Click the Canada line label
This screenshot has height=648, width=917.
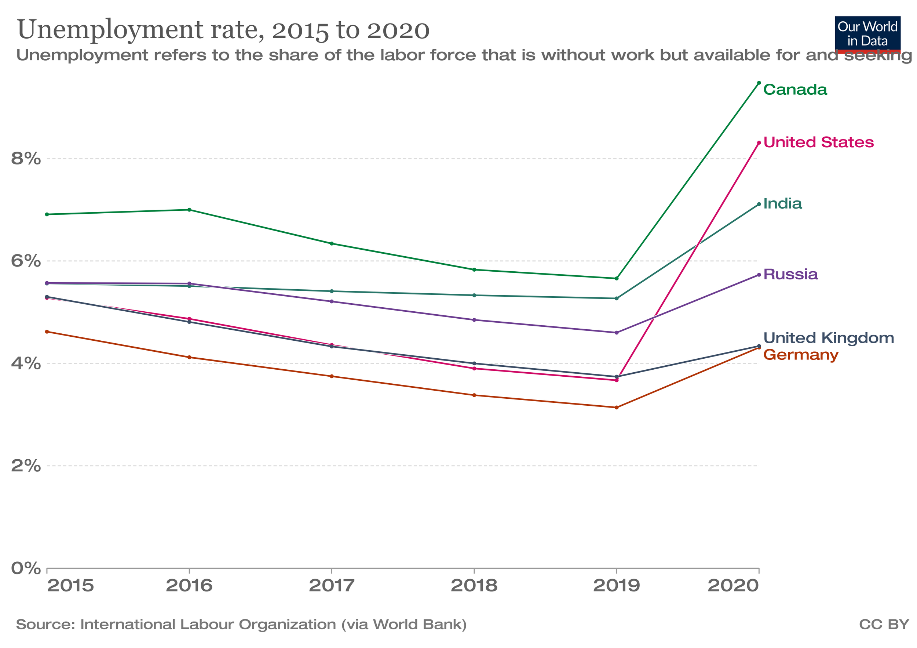(795, 90)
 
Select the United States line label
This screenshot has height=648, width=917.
(818, 143)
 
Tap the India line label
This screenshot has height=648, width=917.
(782, 204)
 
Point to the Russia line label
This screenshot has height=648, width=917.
(790, 275)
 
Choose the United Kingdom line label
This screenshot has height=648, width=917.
(828, 338)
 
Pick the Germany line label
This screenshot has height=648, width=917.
(801, 355)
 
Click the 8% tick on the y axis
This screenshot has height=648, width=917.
(26, 159)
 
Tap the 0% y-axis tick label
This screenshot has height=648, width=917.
(26, 568)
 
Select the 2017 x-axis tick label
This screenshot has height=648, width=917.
(332, 586)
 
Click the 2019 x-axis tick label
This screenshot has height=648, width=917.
(616, 586)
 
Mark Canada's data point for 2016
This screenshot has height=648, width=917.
(189, 210)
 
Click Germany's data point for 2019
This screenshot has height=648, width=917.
(617, 408)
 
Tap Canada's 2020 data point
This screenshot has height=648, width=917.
(759, 83)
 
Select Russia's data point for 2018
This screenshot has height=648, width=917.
(474, 320)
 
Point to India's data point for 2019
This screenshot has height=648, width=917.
(617, 298)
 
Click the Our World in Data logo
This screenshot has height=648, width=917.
(867, 35)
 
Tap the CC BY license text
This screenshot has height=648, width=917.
(884, 625)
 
